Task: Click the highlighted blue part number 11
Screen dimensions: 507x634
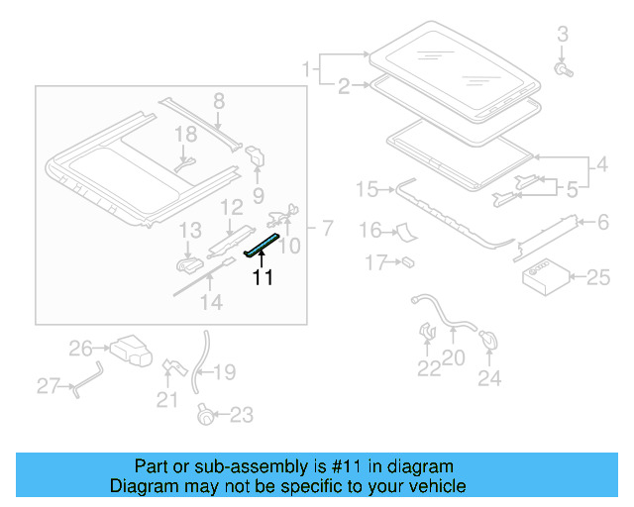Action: pos(264,244)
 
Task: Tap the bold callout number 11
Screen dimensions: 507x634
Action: pos(263,278)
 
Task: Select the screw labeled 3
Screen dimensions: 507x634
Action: pos(563,70)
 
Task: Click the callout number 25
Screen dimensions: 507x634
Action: pos(598,277)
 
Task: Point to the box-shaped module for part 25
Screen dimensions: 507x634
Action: pos(544,275)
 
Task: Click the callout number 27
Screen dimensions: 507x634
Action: pos(49,385)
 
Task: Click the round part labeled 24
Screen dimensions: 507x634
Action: pos(488,341)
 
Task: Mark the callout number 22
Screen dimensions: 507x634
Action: pos(427,369)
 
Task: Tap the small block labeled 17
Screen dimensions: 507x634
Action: pos(406,262)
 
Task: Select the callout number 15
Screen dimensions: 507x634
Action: pos(368,188)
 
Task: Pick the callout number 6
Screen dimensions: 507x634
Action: pos(600,224)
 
